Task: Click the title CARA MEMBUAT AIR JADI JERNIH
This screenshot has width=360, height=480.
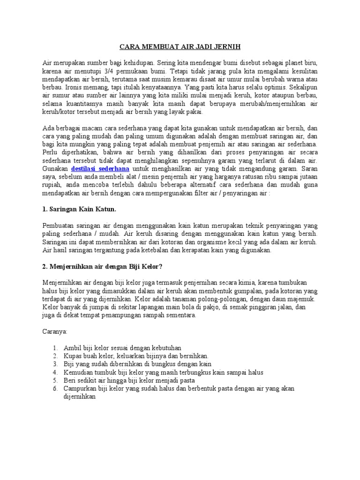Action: [180, 47]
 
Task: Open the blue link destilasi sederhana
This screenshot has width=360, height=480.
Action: [100, 168]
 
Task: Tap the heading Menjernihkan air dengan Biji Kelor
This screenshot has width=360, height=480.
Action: [102, 267]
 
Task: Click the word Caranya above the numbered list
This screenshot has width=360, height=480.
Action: [55, 331]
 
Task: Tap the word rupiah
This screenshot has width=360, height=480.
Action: [52, 184]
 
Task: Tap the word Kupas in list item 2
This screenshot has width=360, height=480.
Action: [72, 356]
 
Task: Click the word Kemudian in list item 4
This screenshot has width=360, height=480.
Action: [78, 372]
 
